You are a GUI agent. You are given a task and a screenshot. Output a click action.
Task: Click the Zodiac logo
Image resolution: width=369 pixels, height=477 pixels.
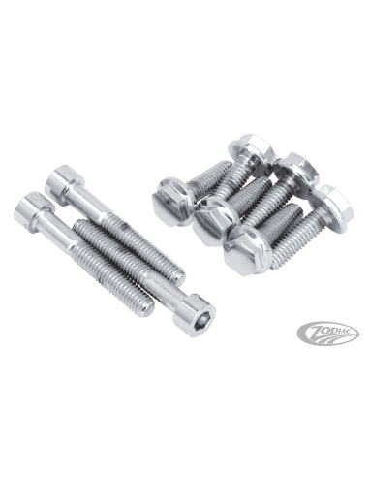(328, 334)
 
